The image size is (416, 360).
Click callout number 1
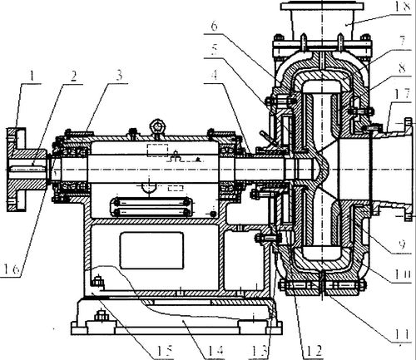32,76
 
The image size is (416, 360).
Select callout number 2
73,76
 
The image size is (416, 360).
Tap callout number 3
119,76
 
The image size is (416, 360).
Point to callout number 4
214,74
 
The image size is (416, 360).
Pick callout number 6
214,27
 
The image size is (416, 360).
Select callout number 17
404,95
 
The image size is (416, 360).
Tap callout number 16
12,269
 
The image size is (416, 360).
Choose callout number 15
165,351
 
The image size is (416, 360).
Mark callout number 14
215,351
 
